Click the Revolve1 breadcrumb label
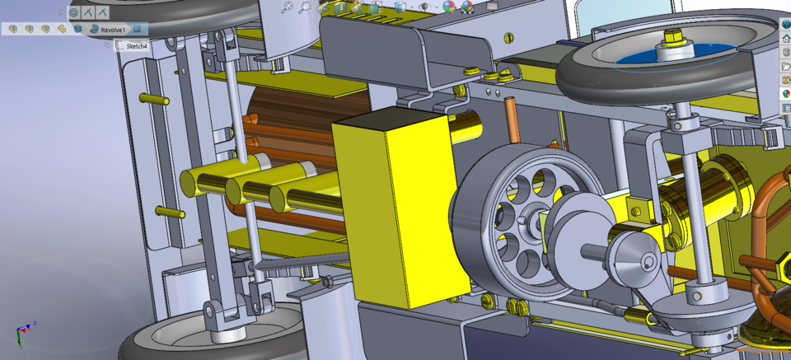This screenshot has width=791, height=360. click(113, 29)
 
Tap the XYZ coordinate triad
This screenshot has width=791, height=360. click(24, 333)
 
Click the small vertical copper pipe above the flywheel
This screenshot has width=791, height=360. click(508, 115)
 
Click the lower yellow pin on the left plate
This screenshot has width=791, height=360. click(170, 212)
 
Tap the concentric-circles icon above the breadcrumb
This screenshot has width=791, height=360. click(73, 12)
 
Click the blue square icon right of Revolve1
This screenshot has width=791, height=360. click(138, 29)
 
